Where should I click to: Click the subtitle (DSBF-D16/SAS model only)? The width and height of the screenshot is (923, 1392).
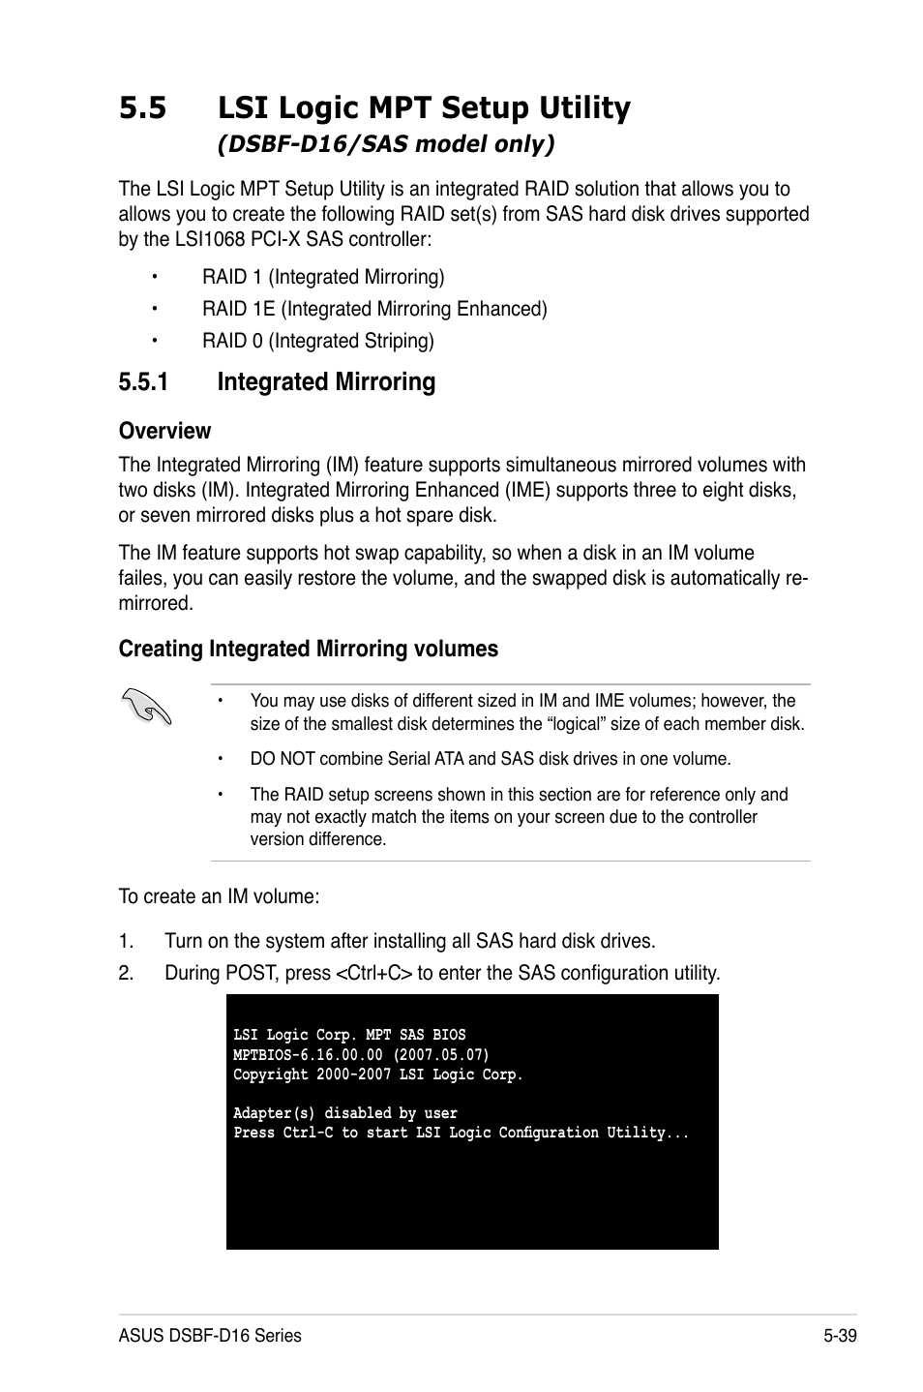[x=386, y=144]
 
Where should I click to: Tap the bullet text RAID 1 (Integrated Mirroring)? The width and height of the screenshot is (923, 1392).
[x=323, y=278]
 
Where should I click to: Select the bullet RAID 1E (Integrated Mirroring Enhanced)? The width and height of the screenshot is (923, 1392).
[x=374, y=310]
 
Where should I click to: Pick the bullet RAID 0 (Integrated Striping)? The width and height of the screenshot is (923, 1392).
[x=317, y=342]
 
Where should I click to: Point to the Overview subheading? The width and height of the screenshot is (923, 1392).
[x=164, y=431]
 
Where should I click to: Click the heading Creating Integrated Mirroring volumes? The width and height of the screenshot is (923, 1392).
[x=308, y=650]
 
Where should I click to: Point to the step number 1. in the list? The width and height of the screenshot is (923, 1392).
[x=125, y=942]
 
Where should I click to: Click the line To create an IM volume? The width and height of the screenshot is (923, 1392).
[x=219, y=897]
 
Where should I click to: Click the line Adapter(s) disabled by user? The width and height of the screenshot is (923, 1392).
[x=345, y=1113]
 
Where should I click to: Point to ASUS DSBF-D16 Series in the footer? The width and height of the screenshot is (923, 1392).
[x=210, y=1336]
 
